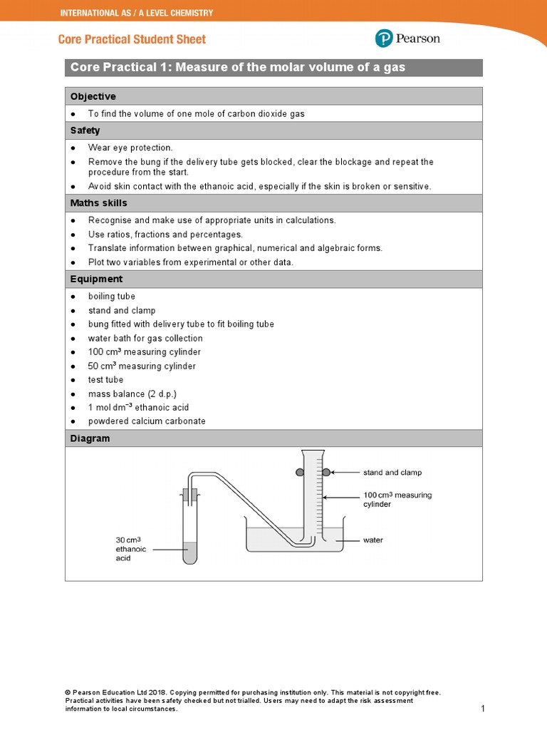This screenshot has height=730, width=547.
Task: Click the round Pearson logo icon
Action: (384, 38)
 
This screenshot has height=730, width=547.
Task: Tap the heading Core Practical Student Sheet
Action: (132, 39)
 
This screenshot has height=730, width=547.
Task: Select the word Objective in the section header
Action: (93, 96)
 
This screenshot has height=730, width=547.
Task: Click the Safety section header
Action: (85, 130)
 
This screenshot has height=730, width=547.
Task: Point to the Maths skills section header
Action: (98, 203)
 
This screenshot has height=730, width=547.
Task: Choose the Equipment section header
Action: (96, 279)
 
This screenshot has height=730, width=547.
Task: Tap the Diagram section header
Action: (90, 438)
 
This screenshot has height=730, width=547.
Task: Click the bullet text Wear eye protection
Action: (130, 148)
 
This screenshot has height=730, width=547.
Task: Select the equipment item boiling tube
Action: (111, 297)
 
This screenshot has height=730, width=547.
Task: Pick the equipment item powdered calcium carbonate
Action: (147, 421)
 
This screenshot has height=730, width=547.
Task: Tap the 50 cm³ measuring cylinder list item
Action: (142, 366)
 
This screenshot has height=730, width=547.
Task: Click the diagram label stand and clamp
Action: (392, 473)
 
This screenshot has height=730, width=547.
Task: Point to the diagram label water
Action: (373, 540)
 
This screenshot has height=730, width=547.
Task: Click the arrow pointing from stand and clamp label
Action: (345, 472)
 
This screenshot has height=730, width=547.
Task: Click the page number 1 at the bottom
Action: (482, 709)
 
